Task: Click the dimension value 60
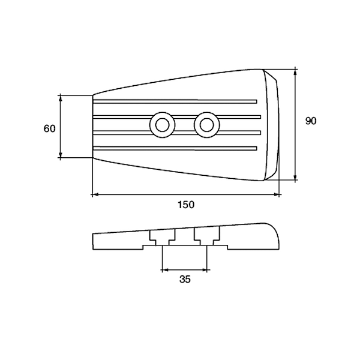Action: point(50,128)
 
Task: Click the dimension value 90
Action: point(311,121)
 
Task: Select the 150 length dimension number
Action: point(186,205)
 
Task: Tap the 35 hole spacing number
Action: point(185,280)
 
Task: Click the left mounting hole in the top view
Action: point(163,125)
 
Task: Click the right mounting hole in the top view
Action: point(207,125)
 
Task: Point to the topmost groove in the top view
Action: point(175,101)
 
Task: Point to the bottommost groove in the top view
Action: point(175,148)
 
